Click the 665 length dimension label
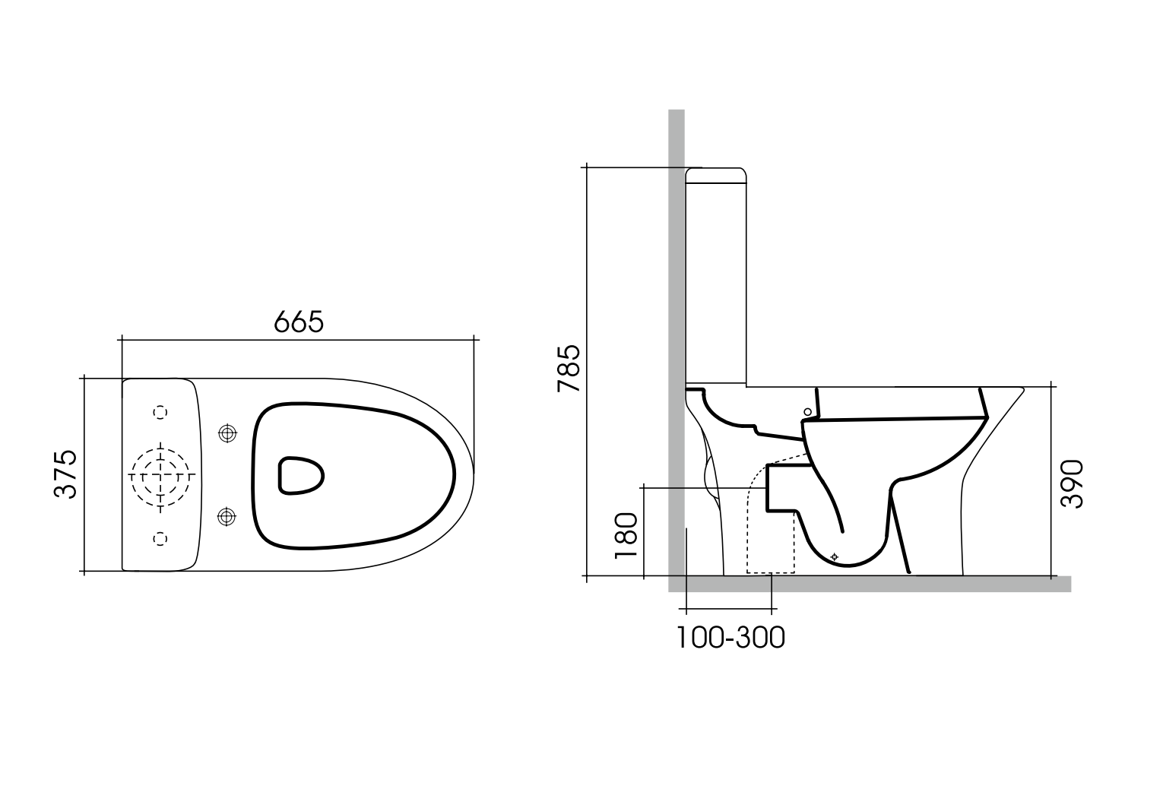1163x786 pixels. (x=299, y=322)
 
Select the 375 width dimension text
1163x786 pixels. (x=67, y=474)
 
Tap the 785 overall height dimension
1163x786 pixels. (x=569, y=369)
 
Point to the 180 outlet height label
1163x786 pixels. (x=626, y=535)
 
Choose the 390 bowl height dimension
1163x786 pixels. (x=1073, y=483)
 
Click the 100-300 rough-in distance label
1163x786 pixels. (x=730, y=637)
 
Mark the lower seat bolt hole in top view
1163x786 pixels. (x=226, y=517)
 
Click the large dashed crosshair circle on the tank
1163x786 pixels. (x=161, y=475)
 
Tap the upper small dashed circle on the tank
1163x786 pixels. (x=160, y=412)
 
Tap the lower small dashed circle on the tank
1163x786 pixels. (x=160, y=538)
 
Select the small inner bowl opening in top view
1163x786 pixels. (x=300, y=475)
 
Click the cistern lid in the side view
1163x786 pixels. (x=715, y=175)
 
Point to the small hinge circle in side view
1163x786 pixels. (x=807, y=412)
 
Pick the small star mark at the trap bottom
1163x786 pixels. (x=835, y=557)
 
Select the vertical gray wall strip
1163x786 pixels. (x=676, y=304)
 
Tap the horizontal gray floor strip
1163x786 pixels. (x=874, y=584)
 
